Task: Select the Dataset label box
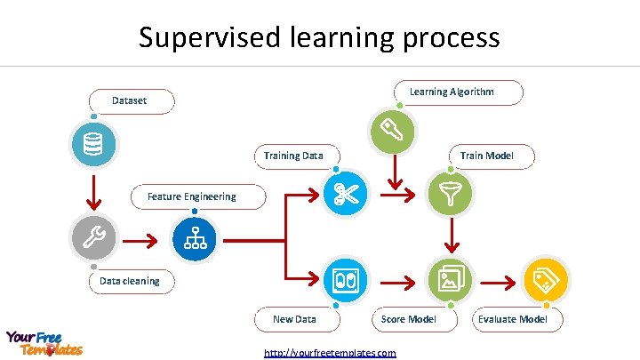click(130, 101)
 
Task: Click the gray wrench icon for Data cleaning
click(92, 235)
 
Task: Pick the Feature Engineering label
click(192, 196)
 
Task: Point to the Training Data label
click(294, 156)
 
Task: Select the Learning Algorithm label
click(452, 92)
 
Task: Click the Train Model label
click(486, 156)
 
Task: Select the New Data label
click(294, 318)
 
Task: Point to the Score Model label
click(409, 318)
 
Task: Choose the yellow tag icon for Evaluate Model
click(546, 280)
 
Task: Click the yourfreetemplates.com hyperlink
click(331, 353)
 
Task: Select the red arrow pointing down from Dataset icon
click(92, 190)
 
